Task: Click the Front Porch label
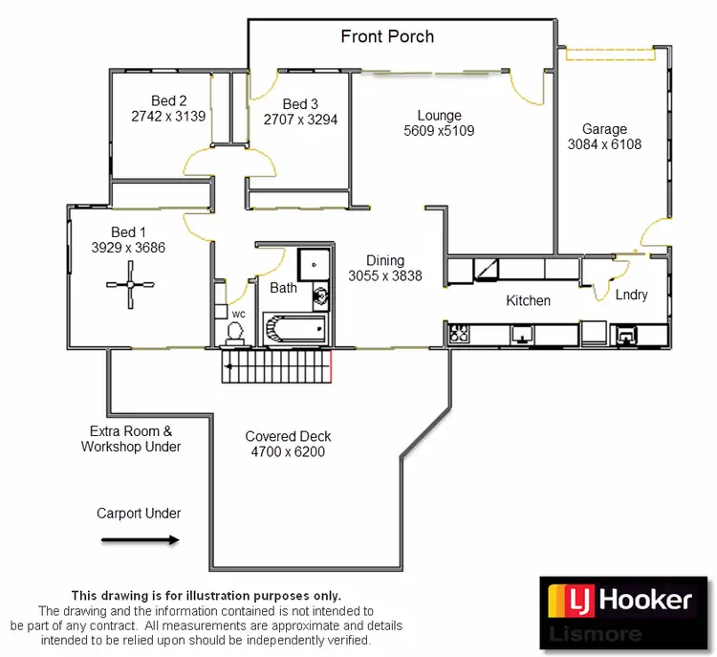point(387,37)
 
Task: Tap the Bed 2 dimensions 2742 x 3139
point(169,117)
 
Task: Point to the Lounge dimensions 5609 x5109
point(439,131)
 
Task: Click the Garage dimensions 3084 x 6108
point(604,145)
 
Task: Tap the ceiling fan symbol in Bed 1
point(130,285)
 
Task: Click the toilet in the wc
point(235,331)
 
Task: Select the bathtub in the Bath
point(295,330)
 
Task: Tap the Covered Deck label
point(288,436)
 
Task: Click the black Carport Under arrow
point(140,540)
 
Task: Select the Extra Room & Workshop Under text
point(131,439)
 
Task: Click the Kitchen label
point(529,300)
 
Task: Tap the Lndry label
point(632,295)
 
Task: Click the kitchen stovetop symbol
point(460,335)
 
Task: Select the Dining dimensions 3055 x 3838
point(385,276)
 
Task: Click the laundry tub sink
point(628,335)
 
